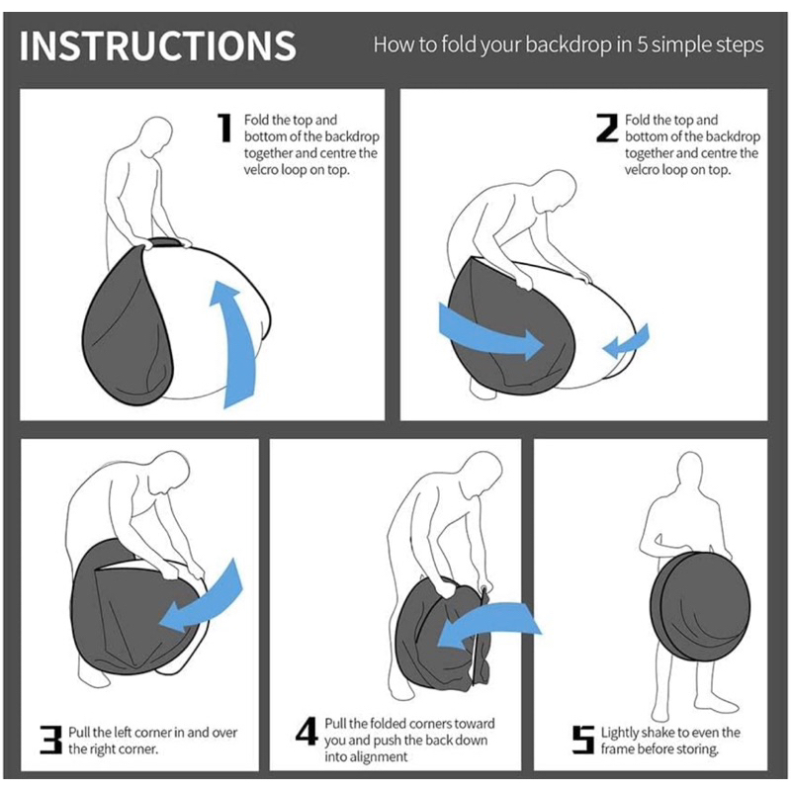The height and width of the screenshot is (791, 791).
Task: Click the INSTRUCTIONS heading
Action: [157, 45]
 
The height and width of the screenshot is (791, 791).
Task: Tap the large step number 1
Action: [224, 128]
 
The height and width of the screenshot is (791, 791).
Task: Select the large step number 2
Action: [607, 128]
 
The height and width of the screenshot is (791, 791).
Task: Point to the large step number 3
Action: [50, 740]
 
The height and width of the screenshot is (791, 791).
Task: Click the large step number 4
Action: [307, 732]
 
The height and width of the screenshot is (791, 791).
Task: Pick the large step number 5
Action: [583, 740]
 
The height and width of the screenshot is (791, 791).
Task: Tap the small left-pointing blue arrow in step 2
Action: [626, 341]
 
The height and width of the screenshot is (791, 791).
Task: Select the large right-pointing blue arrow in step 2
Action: [489, 333]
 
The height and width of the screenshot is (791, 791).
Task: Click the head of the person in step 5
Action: [689, 471]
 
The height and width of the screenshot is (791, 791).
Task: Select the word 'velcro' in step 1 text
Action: [260, 169]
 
